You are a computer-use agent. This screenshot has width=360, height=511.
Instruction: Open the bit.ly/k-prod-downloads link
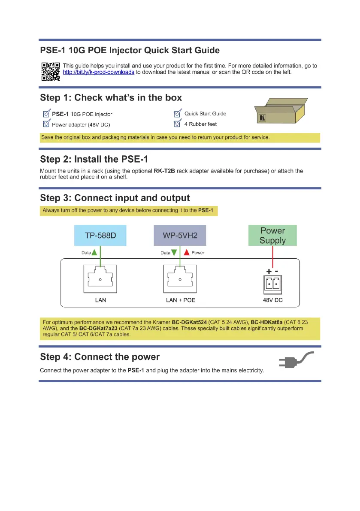(x=98, y=72)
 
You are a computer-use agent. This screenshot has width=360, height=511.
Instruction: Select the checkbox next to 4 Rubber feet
(x=177, y=124)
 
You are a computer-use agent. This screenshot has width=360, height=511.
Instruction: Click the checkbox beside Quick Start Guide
(x=177, y=114)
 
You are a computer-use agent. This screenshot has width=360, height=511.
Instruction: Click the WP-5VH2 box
(x=181, y=235)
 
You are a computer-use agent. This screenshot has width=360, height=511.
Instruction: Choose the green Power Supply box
(x=272, y=236)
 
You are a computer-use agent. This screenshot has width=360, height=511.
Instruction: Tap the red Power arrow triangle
(x=186, y=253)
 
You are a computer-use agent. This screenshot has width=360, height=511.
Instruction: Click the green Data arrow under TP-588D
(x=94, y=253)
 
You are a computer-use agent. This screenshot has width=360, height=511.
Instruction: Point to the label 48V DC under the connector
(x=272, y=300)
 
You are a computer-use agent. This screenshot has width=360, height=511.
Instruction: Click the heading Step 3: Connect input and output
(x=115, y=198)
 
